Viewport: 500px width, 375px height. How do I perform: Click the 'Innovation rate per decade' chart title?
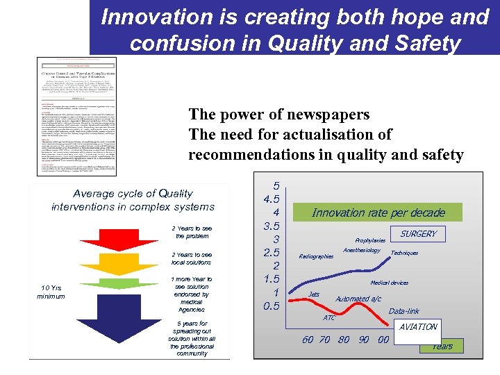pos(378,212)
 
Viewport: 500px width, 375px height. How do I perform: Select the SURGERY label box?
pos(418,233)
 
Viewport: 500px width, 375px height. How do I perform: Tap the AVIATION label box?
pos(419,326)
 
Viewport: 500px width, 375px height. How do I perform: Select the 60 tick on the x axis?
pos(308,340)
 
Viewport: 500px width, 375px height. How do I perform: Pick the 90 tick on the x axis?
pos(363,340)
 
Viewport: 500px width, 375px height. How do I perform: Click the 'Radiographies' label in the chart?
pos(316,256)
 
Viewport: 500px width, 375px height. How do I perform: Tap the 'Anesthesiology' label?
pos(362,250)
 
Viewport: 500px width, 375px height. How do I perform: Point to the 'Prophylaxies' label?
pos(370,240)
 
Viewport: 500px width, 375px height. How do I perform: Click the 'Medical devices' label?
pos(389,283)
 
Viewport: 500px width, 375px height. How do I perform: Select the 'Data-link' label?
pos(403,311)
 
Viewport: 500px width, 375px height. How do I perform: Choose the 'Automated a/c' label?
pos(358,299)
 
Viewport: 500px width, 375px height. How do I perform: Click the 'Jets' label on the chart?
pos(314,294)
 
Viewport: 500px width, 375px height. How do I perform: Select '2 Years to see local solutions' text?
pos(192,258)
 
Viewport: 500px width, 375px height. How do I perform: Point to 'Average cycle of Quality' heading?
pos(133,193)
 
